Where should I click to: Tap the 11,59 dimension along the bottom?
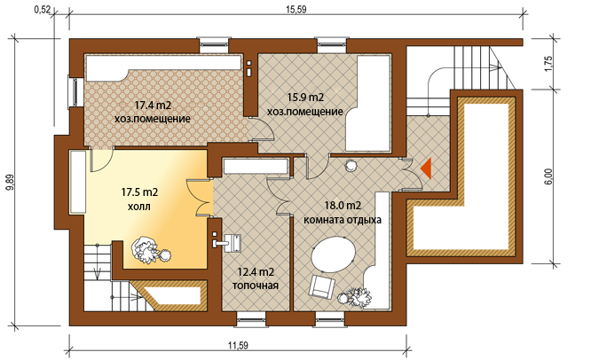coord(239,346)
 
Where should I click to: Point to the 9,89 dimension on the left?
coord(11,182)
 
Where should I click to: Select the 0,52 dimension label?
coord(43,10)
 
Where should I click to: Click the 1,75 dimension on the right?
coord(548,64)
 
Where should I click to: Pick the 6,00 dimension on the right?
coord(548,176)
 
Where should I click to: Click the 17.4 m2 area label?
coord(153,106)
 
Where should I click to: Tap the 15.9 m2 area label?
coord(305,98)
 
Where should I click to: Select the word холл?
coord(139,207)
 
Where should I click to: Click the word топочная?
coord(256,286)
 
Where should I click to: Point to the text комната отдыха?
coord(343,220)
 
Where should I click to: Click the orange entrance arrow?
coord(426,168)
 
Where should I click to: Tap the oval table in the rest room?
coord(334,254)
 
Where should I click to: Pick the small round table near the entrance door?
coord(351,166)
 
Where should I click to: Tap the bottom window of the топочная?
coord(250,319)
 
